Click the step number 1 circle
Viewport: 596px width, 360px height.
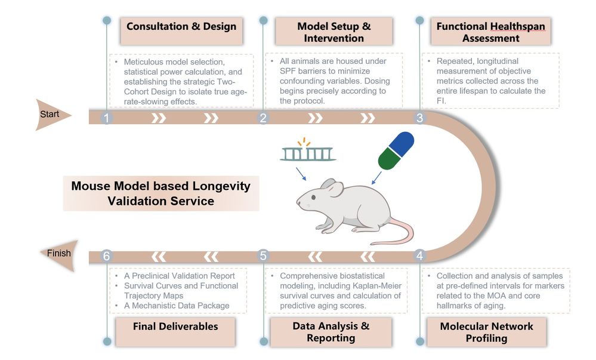[106, 118]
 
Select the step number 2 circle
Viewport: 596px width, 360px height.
[263, 118]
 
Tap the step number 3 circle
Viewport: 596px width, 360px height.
[419, 118]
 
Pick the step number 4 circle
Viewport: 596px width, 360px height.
[419, 256]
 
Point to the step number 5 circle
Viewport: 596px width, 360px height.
[263, 256]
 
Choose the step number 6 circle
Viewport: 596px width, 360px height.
[106, 256]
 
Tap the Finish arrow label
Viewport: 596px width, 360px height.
[58, 253]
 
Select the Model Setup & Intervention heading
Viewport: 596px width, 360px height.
[333, 32]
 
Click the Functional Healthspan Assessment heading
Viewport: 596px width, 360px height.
[490, 32]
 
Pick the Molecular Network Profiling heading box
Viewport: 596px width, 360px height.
[486, 332]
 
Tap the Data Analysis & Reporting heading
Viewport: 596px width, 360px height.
[331, 332]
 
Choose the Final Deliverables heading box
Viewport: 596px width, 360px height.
[175, 327]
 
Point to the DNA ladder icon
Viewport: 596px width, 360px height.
[307, 153]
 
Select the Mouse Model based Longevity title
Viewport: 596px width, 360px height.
[161, 193]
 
